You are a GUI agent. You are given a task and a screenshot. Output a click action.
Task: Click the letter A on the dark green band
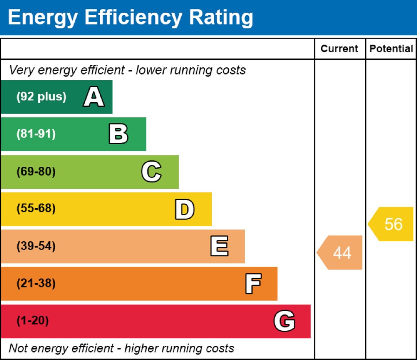coord(94,98)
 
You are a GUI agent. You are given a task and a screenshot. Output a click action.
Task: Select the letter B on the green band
coord(118,134)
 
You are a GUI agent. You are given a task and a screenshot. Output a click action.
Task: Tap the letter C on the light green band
coord(152,172)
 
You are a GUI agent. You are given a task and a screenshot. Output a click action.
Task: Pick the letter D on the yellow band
coord(184,210)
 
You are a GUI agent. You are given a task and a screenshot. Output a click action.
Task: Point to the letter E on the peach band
coord(219,246)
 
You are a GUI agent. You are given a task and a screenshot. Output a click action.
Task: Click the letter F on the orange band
coord(253,284)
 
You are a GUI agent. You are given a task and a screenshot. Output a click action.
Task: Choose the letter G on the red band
coord(284,321)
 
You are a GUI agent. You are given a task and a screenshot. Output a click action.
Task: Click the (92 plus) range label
coord(41,97)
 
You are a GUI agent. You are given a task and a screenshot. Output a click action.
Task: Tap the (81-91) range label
coord(36,134)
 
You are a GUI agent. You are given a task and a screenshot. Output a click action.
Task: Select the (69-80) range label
coord(36,172)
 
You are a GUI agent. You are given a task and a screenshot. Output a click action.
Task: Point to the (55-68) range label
coord(36,209)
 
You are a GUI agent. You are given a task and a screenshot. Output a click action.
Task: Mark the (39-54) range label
coord(36,246)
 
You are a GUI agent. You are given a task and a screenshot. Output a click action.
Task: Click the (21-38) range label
coord(36,284)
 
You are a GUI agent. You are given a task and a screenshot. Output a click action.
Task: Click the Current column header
coord(339,49)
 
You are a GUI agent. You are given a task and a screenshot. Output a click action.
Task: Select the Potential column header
coord(391,49)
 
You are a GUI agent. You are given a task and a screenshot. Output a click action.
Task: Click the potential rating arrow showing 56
coord(392,224)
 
